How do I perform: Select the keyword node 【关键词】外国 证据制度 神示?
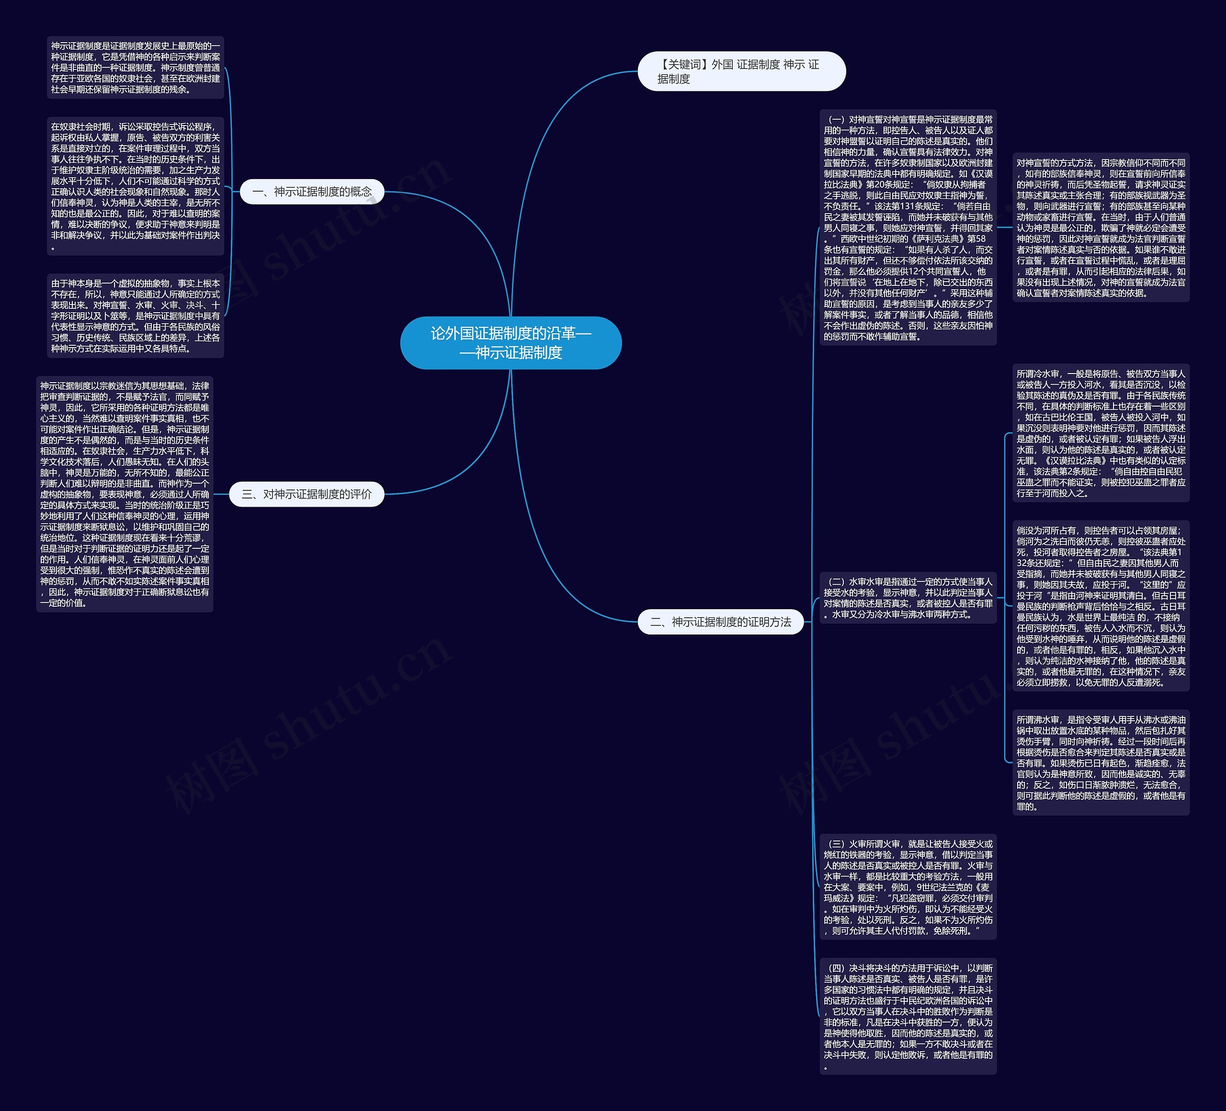tap(741, 72)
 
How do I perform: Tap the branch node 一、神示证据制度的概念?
tap(311, 192)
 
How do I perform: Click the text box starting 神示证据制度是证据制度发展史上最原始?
tap(135, 67)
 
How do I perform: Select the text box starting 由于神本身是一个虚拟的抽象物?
tap(135, 316)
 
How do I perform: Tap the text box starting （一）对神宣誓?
tap(908, 227)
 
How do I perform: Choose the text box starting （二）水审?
tap(908, 598)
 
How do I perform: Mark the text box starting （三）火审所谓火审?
tap(908, 886)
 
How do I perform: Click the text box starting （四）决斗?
tap(908, 1016)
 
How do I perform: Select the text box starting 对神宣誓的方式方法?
tap(1100, 227)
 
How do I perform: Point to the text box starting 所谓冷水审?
tap(1100, 433)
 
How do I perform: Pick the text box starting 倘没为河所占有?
tap(1100, 606)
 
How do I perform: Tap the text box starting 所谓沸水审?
tap(1100, 762)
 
